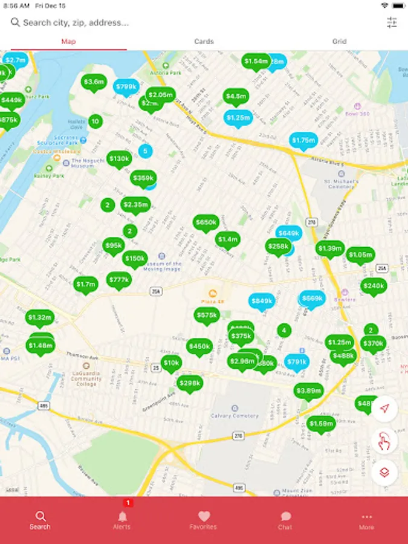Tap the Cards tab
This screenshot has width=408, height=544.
204,41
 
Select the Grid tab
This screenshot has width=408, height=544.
339,41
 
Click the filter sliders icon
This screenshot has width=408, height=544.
392,22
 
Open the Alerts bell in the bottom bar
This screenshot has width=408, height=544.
122,519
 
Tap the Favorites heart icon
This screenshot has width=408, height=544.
204,519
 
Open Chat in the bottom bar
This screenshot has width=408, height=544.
285,519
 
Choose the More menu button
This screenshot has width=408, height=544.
366,519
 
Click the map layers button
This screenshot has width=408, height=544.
384,472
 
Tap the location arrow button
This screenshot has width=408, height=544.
384,409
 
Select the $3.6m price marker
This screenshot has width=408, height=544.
94,82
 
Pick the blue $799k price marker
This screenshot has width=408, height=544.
126,87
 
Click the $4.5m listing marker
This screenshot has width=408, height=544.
236,96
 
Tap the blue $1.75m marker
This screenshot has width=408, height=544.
303,141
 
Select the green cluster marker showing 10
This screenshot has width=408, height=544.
95,121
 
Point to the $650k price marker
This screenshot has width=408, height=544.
206,222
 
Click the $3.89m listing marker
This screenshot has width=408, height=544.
308,390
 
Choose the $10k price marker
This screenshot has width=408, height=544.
172,363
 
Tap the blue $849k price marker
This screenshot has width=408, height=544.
262,301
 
